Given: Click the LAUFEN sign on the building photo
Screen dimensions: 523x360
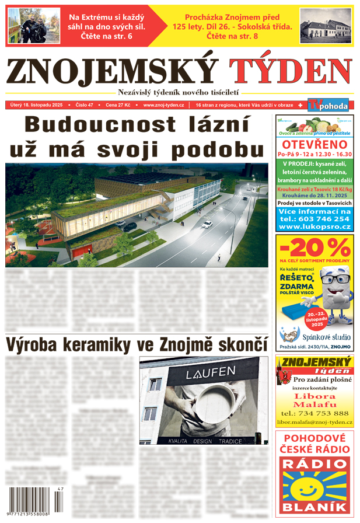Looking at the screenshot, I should (202, 374).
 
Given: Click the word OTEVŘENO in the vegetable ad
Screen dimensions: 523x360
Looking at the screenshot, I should (314, 145).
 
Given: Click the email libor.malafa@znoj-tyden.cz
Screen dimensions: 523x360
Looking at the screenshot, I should (314, 421).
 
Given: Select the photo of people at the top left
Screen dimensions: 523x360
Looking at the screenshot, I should (34, 25).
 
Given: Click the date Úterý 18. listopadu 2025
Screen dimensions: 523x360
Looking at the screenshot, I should (37, 105).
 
